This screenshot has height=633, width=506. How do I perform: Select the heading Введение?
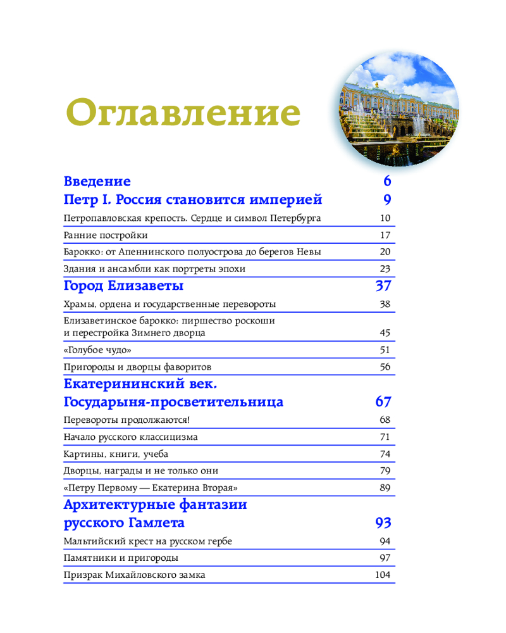[97, 182]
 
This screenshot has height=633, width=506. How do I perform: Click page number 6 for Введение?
[387, 182]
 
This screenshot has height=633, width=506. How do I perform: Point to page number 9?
[387, 200]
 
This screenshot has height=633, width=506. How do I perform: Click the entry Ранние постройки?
[106, 235]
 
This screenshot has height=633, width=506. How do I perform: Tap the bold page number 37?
[383, 285]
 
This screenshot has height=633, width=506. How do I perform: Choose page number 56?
[385, 367]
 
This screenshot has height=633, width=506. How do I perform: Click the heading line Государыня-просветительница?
[174, 402]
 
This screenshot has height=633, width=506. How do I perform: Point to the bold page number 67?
[383, 402]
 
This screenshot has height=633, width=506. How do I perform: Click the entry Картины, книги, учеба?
[116, 454]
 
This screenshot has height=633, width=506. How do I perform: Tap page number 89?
[385, 488]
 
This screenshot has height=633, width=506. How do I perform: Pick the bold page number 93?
[383, 523]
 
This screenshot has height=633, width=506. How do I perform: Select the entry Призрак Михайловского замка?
[135, 575]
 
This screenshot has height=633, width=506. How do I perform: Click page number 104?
[383, 575]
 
